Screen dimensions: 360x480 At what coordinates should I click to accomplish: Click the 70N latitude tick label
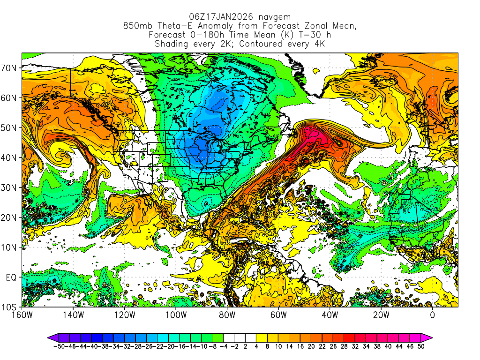(x=11, y=68)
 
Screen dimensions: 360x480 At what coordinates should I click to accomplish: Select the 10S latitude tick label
(x=11, y=307)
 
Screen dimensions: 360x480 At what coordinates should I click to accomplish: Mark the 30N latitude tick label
(x=11, y=187)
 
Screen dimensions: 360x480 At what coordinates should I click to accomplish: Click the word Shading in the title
(x=171, y=44)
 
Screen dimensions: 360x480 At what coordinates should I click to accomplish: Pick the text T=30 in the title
(x=303, y=35)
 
